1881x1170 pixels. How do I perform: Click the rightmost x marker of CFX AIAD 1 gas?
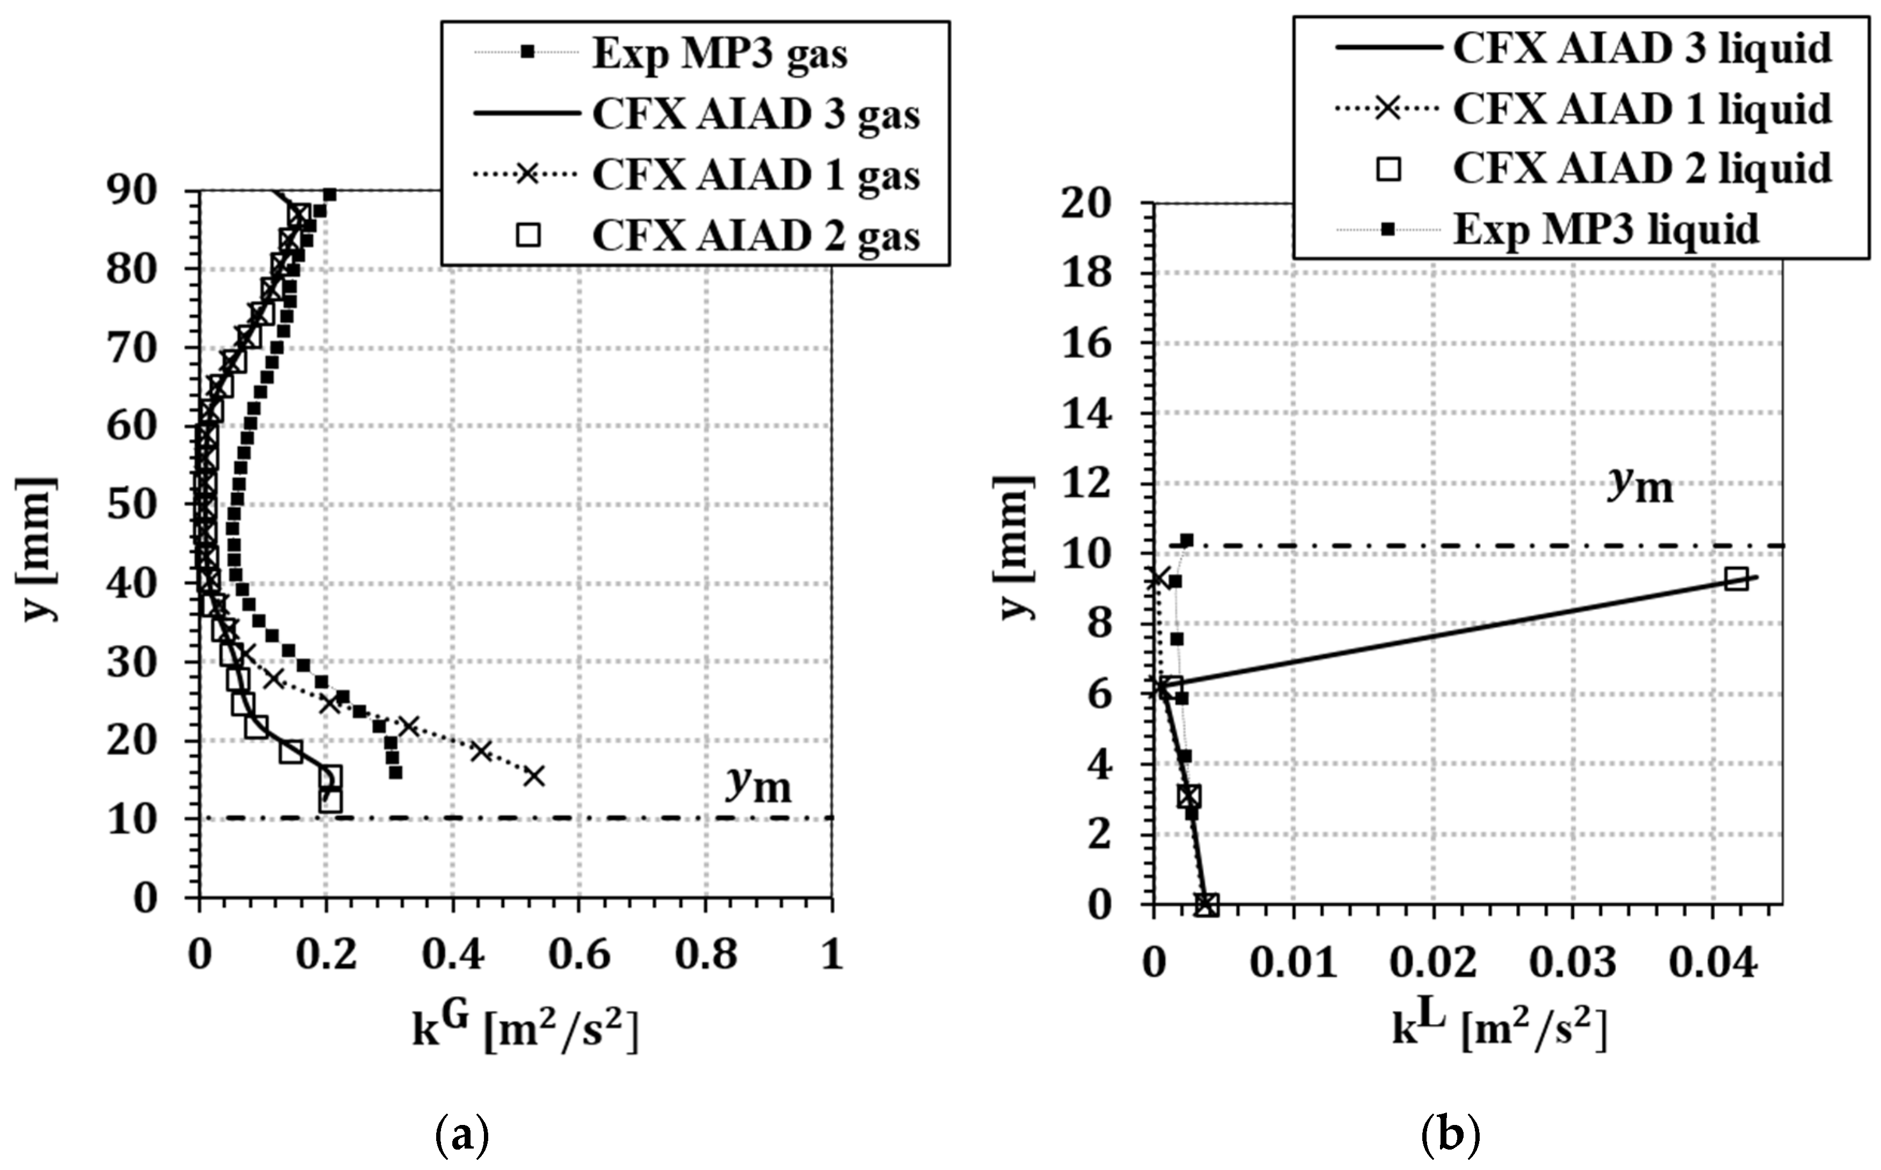tap(534, 776)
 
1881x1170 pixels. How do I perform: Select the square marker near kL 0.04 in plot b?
tap(1736, 579)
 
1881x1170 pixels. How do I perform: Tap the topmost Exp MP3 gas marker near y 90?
tap(330, 194)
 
